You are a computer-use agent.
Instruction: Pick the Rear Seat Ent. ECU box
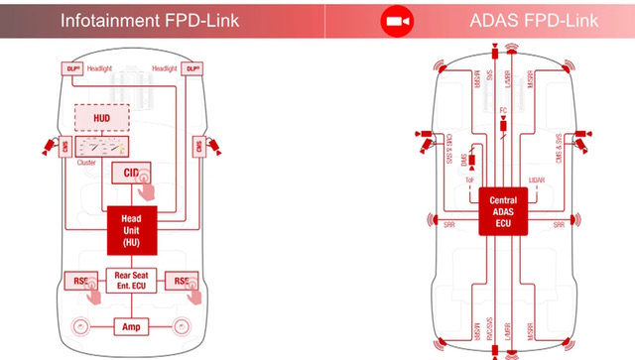(132, 281)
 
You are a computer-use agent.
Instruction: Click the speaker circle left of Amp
(80, 325)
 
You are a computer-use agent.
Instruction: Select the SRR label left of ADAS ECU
(447, 225)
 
